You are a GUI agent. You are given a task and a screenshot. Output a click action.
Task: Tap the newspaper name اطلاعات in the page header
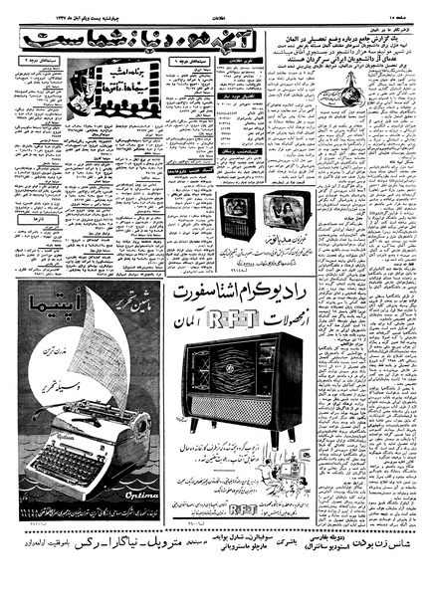pyautogui.click(x=213, y=7)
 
